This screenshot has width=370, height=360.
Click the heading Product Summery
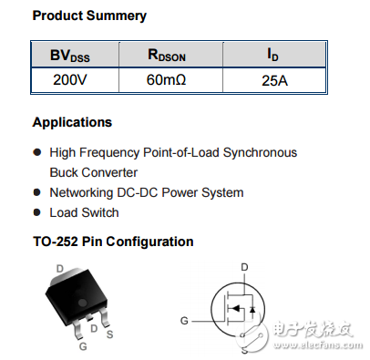pyautogui.click(x=89, y=15)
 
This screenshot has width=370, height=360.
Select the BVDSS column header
pyautogui.click(x=69, y=57)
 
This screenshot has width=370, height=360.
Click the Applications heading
pyautogui.click(x=72, y=122)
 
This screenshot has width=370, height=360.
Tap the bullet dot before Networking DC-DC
pyautogui.click(x=37, y=192)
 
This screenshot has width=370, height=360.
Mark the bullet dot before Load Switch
pyautogui.click(x=37, y=212)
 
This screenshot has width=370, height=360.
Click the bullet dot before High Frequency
pyautogui.click(x=37, y=152)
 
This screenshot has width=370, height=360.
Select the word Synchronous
pyautogui.click(x=257, y=152)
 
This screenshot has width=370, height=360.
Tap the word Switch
pyautogui.click(x=100, y=212)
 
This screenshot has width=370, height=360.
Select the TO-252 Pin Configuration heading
pyautogui.click(x=113, y=242)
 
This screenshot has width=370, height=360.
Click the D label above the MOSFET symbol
pyautogui.click(x=243, y=267)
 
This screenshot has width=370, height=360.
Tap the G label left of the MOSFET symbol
pyautogui.click(x=184, y=321)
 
